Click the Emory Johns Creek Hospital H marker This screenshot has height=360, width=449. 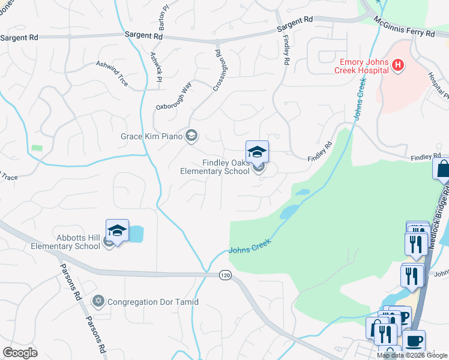point(397,65)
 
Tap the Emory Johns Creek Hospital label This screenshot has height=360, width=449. point(364,65)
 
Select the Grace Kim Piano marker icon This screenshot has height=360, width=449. point(191,135)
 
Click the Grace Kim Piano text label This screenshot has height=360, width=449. point(152,136)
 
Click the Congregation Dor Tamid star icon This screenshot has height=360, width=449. point(98,301)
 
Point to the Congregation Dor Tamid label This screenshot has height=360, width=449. point(153,302)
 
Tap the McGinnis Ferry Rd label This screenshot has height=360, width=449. point(403,28)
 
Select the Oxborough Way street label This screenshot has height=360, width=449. point(173,97)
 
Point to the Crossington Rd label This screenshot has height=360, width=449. point(221,70)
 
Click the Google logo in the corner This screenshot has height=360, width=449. point(20,353)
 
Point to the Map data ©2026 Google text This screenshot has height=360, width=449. point(412,355)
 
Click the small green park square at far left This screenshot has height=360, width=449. point(38,148)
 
